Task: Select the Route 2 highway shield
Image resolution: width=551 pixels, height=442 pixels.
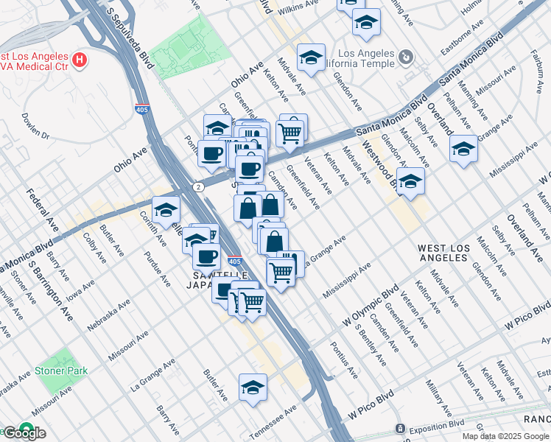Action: (199, 187)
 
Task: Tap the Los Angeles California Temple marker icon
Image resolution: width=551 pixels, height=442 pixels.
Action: (405, 57)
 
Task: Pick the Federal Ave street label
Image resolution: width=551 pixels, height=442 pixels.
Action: (42, 209)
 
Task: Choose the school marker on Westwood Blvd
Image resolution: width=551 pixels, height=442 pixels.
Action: (411, 180)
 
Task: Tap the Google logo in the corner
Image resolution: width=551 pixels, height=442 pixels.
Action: (24, 433)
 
